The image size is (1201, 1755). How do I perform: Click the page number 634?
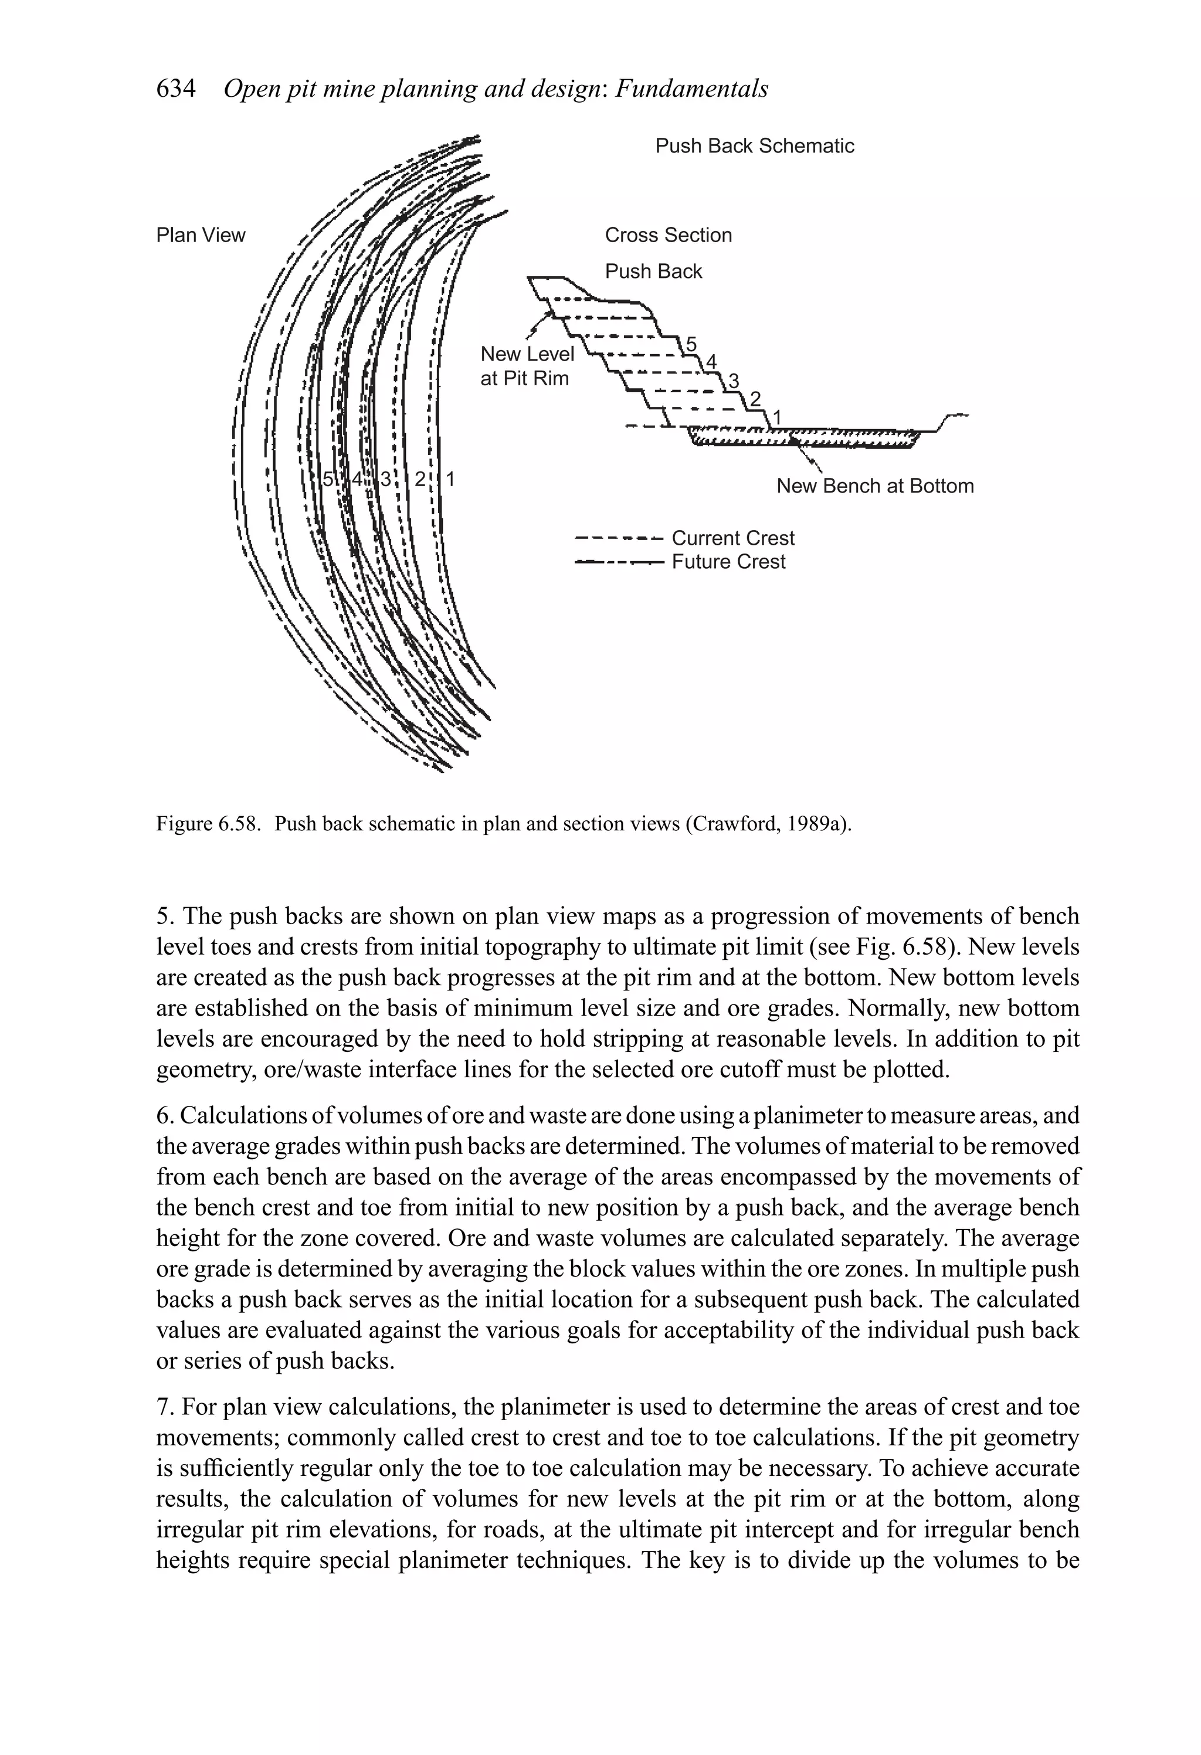tap(175, 89)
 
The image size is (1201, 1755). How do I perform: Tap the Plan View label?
tap(200, 235)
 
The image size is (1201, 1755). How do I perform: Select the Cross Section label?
tap(668, 235)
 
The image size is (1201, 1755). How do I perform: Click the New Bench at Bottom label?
tap(875, 486)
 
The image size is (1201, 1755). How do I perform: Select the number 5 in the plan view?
tap(328, 479)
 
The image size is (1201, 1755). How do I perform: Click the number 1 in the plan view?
tap(450, 479)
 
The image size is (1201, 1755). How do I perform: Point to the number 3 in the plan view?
tap(386, 479)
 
